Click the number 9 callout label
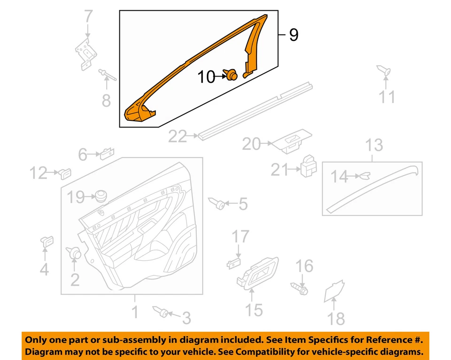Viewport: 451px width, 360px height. point(294,35)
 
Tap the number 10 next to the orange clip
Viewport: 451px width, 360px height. point(206,77)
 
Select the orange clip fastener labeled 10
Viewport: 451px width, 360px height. point(231,75)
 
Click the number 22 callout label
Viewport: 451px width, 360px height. point(178,137)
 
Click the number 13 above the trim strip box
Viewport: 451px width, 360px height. point(374,146)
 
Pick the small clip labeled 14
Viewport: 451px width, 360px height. point(364,176)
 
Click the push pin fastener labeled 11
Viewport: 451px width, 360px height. point(384,71)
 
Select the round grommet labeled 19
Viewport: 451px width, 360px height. point(99,196)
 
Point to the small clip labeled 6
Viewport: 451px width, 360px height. point(106,152)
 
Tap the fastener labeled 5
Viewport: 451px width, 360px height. point(219,203)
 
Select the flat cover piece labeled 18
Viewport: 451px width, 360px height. point(335,291)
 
